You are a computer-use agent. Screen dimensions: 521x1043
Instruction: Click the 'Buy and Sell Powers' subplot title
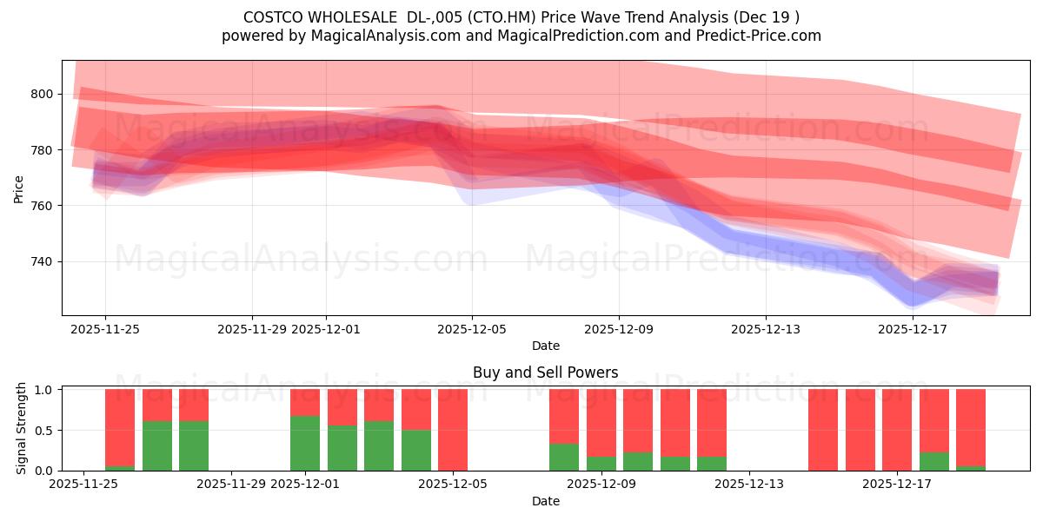click(x=545, y=373)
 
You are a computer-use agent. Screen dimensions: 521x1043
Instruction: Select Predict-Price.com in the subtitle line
click(x=754, y=36)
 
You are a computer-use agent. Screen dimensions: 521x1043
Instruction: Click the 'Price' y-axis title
click(x=19, y=188)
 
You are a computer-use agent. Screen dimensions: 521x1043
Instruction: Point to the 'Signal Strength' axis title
click(x=23, y=429)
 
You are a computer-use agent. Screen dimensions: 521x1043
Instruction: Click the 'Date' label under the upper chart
click(x=545, y=346)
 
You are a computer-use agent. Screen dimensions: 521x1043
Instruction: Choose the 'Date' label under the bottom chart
click(x=545, y=501)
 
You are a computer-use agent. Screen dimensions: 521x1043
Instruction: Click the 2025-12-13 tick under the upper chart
click(x=766, y=329)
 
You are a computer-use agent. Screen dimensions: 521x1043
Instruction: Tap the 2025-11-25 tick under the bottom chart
click(x=83, y=485)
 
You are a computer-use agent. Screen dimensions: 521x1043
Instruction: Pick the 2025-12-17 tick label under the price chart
click(x=913, y=329)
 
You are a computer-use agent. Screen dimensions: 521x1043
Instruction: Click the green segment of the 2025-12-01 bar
click(x=305, y=443)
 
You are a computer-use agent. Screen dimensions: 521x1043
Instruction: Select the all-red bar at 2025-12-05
click(x=453, y=430)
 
